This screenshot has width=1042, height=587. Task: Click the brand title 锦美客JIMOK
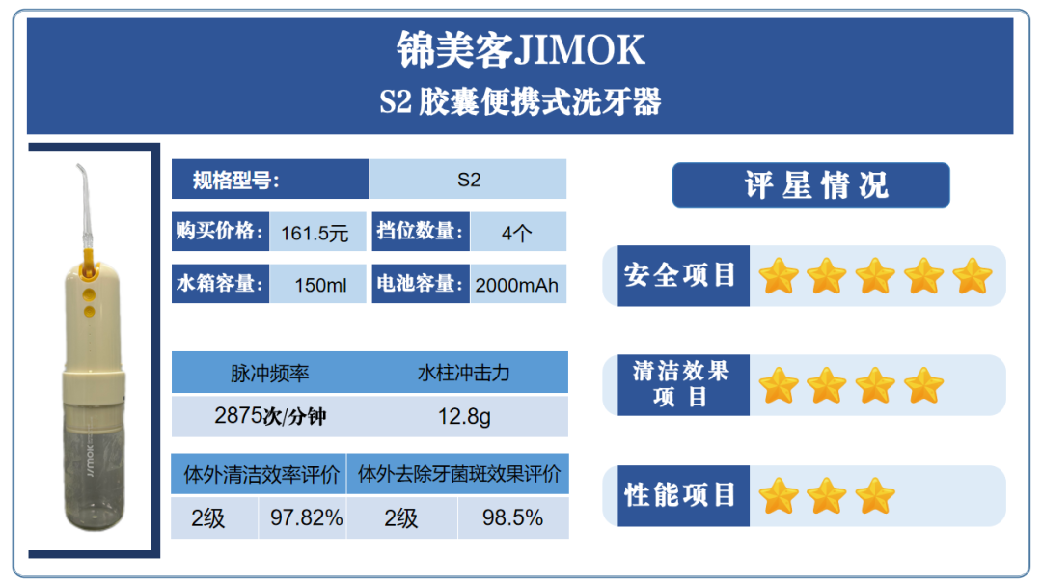tap(520, 50)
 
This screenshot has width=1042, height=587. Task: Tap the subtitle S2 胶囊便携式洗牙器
tap(520, 101)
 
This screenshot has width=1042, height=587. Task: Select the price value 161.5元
tap(315, 234)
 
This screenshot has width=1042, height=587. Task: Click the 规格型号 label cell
tap(270, 180)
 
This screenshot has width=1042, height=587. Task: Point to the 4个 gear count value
tap(516, 234)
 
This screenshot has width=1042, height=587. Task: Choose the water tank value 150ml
tap(320, 285)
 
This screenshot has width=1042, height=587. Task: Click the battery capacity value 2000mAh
tap(516, 285)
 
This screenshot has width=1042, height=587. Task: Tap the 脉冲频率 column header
tap(270, 373)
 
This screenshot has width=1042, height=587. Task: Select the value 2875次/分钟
tap(270, 416)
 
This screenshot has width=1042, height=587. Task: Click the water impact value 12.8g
tap(464, 417)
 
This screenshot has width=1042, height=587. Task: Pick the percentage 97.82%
tap(307, 517)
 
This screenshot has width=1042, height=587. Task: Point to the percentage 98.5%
tap(512, 517)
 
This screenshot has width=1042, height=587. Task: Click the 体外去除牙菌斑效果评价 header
tap(458, 474)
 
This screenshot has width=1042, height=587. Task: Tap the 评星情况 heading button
tap(810, 184)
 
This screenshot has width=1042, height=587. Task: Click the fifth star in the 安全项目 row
tap(973, 276)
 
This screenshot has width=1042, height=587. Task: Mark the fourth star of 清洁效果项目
tap(923, 385)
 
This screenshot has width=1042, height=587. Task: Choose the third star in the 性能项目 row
tap(875, 496)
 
